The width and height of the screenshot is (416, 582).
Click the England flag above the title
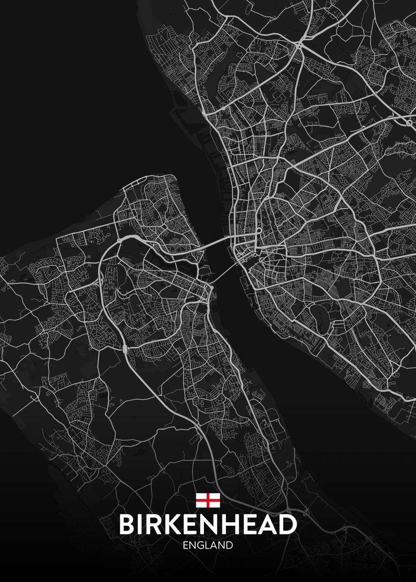[208, 500]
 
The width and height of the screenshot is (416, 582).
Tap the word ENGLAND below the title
[208, 545]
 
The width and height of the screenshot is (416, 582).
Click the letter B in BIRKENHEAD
[127, 525]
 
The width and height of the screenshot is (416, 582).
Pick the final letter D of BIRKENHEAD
[287, 525]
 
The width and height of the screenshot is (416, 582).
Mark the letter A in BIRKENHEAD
[268, 525]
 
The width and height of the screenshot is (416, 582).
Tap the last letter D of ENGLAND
[230, 545]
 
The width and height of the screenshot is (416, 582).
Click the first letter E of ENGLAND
[186, 545]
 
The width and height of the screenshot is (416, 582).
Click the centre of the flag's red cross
[208, 500]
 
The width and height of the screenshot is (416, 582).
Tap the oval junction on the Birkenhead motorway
[125, 348]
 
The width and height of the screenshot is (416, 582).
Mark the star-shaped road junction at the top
[300, 45]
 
